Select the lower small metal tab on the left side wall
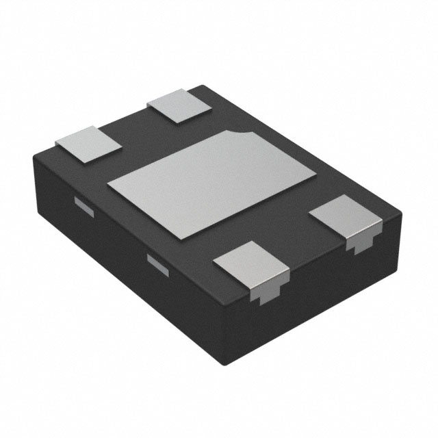pos(158,263)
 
